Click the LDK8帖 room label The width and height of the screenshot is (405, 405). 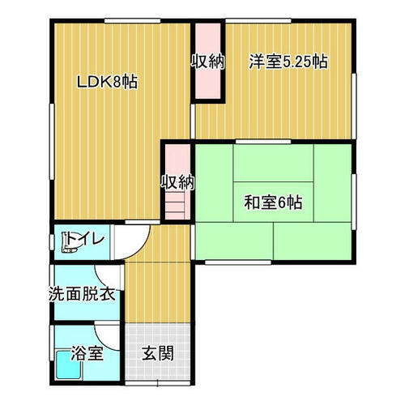tap(107, 82)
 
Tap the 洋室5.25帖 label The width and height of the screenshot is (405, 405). tap(288, 62)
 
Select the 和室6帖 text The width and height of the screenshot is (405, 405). tap(273, 202)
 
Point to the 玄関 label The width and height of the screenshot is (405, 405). tap(158, 353)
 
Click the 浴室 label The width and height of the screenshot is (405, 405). tap(87, 353)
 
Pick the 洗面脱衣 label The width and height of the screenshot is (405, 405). tap(82, 294)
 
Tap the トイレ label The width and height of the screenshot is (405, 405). tap(85, 238)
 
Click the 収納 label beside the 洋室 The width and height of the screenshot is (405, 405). tap(208, 62)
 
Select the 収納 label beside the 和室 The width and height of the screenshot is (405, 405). tap(177, 182)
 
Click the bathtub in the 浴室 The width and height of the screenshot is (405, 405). tap(69, 364)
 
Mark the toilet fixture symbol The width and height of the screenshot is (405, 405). tap(69, 242)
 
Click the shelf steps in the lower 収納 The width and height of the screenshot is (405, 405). tap(175, 207)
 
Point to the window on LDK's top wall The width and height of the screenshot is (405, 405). tap(133, 21)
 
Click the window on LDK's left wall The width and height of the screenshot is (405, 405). tap(52, 142)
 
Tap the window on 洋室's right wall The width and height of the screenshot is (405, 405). tap(354, 106)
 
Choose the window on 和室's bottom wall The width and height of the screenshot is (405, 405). tap(238, 262)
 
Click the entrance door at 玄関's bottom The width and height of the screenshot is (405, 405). tap(158, 383)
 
